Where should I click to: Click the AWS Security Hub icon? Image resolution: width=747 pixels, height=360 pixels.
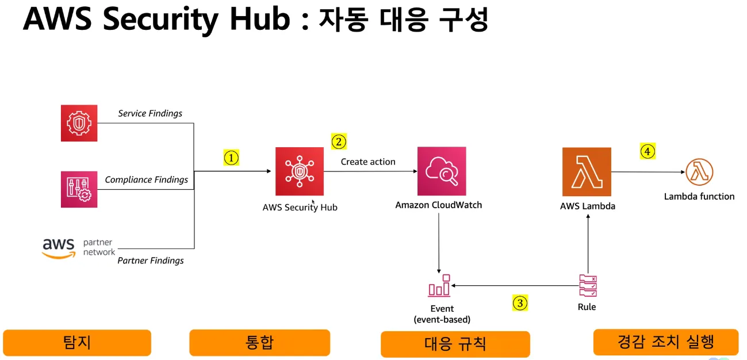(299, 171)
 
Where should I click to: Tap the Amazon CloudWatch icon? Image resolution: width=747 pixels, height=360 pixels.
(442, 171)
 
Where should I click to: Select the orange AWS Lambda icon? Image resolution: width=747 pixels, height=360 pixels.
(587, 172)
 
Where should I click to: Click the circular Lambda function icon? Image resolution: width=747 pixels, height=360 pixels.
(699, 172)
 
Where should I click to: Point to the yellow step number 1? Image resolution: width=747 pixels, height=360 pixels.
(231, 158)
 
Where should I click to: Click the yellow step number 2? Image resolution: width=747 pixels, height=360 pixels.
(339, 141)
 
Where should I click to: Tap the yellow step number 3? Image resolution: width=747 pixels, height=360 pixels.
(520, 302)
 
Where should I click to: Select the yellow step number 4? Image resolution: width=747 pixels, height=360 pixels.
(648, 151)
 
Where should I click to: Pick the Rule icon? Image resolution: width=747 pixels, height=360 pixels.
(588, 286)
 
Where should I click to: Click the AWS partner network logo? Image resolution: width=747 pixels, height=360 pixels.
(78, 248)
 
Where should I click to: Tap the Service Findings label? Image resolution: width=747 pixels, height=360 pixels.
(150, 113)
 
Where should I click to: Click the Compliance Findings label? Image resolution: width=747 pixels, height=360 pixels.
(146, 179)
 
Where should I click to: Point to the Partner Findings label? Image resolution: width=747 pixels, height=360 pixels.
(151, 261)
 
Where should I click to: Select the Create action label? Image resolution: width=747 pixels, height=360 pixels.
(368, 162)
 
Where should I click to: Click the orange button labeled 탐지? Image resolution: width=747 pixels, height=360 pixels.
(77, 343)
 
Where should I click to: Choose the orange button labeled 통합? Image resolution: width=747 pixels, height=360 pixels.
(259, 343)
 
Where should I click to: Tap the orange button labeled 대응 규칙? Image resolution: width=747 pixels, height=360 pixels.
(455, 344)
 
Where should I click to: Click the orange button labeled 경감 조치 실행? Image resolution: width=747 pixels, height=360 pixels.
(665, 342)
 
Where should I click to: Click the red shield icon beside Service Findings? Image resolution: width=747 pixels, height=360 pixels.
(79, 123)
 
